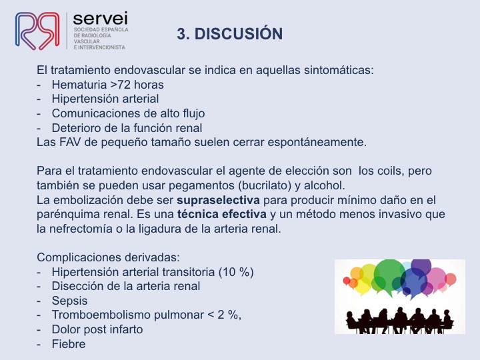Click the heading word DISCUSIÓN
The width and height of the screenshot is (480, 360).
239,33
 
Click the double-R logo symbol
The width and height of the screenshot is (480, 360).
37,31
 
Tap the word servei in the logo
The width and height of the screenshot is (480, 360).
101,19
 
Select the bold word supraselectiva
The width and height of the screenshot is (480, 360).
218,200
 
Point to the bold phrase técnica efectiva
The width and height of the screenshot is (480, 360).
221,214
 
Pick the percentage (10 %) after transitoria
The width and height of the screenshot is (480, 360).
236,272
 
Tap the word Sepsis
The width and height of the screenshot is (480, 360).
69,301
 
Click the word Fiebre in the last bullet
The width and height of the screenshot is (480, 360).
69,344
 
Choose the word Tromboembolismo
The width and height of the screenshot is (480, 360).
101,315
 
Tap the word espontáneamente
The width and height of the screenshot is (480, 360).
317,143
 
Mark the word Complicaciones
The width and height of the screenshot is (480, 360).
79,257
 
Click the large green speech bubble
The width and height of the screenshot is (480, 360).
389,275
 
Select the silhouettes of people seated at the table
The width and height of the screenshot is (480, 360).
399,321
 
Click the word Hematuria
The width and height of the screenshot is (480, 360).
79,85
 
